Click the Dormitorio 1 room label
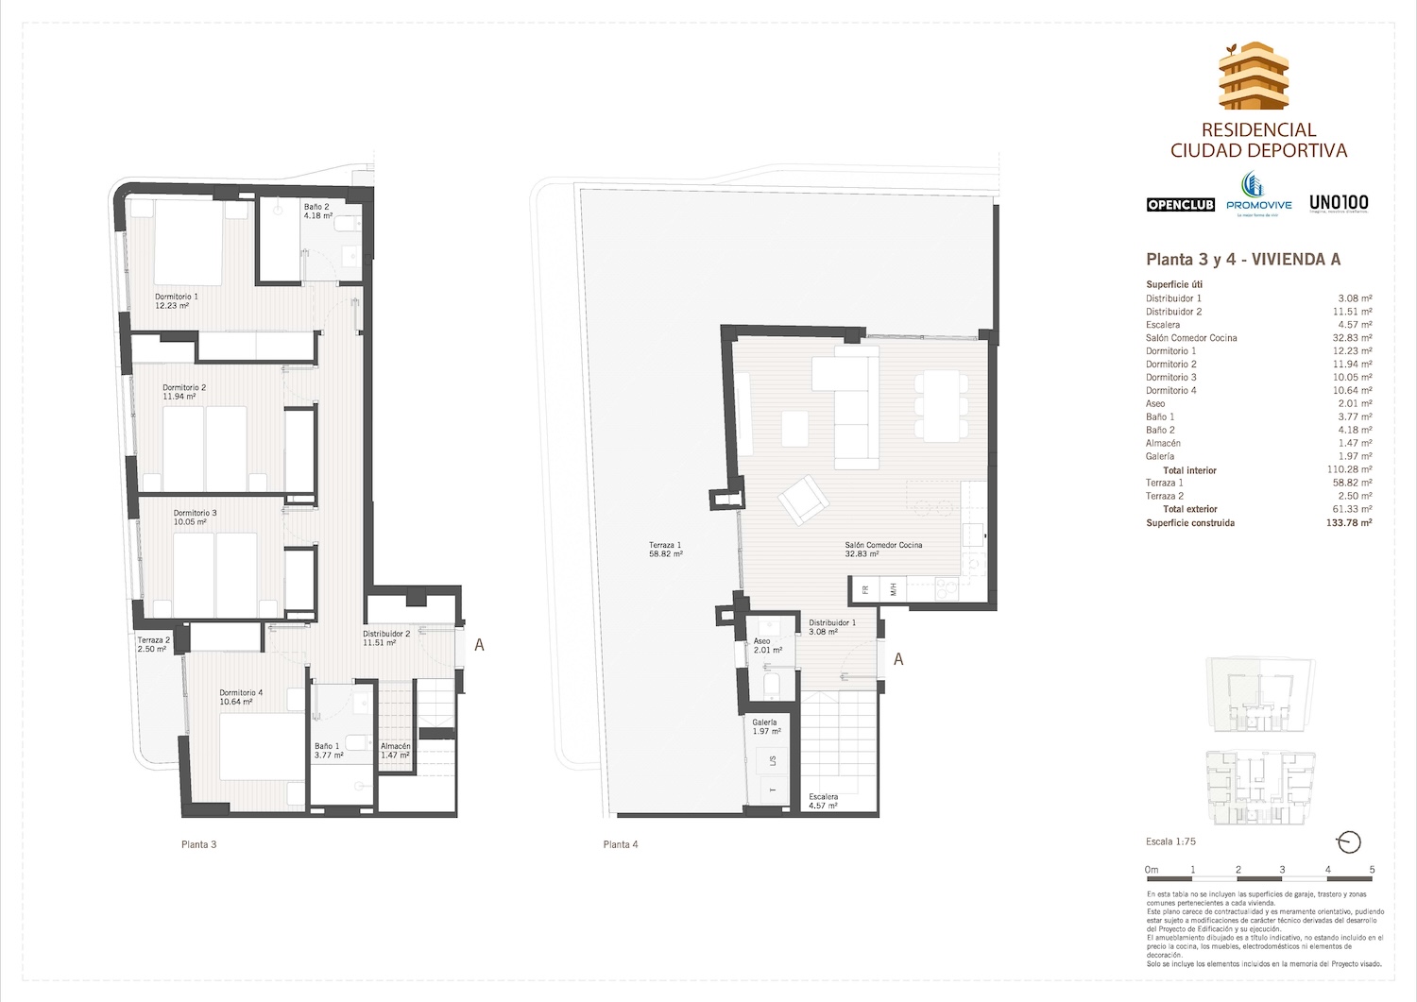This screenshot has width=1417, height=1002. tap(177, 300)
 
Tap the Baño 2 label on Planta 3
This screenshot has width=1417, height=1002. tap(317, 211)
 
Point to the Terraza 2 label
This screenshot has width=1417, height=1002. tap(153, 644)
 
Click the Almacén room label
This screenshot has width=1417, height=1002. tap(395, 750)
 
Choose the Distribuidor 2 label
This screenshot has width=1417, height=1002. tap(385, 637)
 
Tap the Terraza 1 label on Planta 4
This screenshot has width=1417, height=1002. tap(665, 550)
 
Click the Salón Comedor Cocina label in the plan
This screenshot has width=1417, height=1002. tap(882, 550)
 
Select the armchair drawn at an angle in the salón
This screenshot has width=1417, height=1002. tap(800, 500)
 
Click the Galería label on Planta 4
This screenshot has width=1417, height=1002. tap(765, 726)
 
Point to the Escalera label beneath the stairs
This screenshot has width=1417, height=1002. tap(824, 802)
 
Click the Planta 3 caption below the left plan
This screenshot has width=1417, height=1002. tap(198, 844)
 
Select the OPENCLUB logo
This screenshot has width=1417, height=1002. tap(1180, 205)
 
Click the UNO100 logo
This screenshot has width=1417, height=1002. tap(1338, 202)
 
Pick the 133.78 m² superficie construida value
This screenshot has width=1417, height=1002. tap(1349, 522)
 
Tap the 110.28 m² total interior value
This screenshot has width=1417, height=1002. tap(1349, 469)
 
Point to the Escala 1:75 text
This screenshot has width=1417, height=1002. tap(1170, 841)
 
